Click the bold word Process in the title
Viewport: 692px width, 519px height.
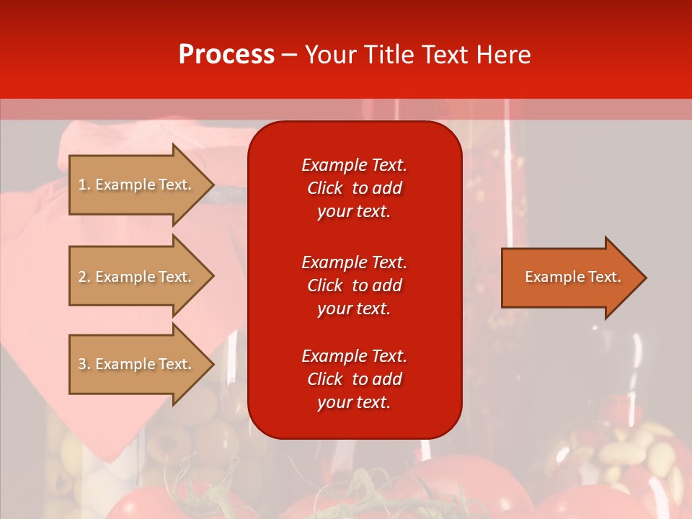[226, 55]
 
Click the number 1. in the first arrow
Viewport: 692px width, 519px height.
[84, 185]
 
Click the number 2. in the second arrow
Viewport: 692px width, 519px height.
[84, 277]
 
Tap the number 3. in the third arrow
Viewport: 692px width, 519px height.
[84, 364]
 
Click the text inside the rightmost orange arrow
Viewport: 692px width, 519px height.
[572, 277]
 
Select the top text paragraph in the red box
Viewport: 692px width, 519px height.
[354, 188]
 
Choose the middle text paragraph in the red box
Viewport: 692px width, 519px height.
[354, 285]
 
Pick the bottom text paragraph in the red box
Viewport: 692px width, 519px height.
[354, 379]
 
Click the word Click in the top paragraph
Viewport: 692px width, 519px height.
[325, 188]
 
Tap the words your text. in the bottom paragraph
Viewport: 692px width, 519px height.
[354, 402]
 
